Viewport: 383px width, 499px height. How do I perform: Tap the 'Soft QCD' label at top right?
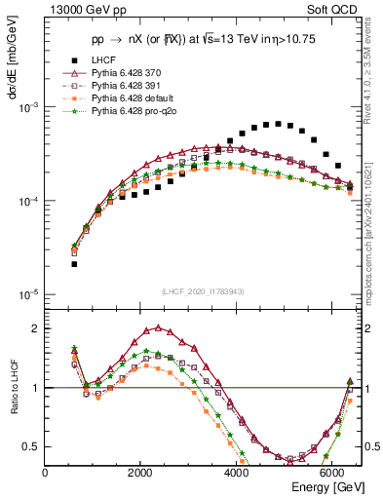tap(333, 11)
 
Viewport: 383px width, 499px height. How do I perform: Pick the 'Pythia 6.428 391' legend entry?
tap(132, 86)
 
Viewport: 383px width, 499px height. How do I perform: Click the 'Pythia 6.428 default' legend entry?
tap(136, 98)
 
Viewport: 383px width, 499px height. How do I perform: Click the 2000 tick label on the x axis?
tap(141, 474)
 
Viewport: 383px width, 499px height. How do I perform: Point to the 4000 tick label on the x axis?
tap(237, 474)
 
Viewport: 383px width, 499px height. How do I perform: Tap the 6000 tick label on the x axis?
tap(332, 474)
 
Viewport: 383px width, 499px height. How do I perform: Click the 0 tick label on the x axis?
tap(46, 474)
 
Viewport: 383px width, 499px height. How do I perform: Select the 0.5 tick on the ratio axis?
tap(32, 446)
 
